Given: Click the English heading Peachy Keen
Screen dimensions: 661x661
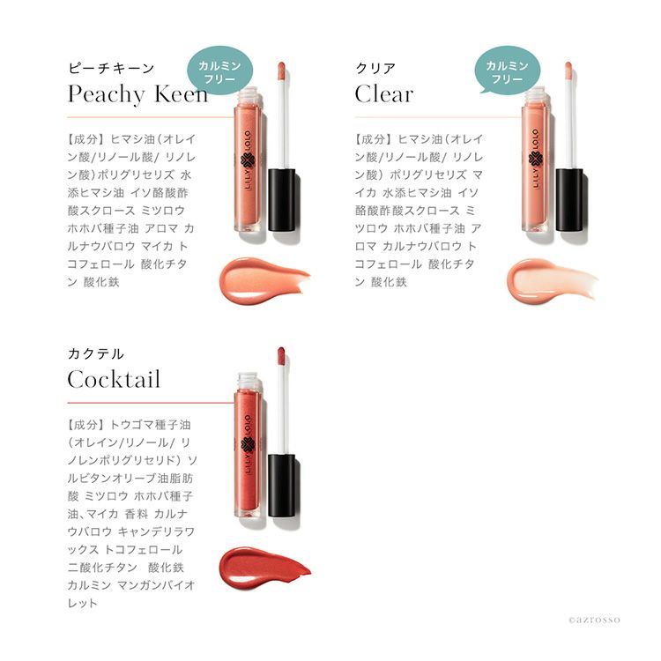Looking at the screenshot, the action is coord(137,94).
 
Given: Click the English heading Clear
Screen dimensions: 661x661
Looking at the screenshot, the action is coord(383,93).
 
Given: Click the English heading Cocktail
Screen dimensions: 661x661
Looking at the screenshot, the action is coord(114,379).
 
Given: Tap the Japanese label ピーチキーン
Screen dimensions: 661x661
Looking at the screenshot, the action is coord(111,68).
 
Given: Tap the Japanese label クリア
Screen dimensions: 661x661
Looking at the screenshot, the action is coord(375,68).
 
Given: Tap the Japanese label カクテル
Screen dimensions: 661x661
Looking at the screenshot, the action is coord(96,353).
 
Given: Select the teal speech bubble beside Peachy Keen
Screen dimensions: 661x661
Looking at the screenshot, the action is coord(219,71).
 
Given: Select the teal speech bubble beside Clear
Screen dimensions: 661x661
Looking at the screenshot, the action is coord(507,71).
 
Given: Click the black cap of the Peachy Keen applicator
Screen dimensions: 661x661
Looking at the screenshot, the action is coord(282,199).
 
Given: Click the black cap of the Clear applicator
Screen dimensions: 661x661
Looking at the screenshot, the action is coord(569,199).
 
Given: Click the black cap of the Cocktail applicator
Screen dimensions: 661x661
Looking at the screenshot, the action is coord(282,486).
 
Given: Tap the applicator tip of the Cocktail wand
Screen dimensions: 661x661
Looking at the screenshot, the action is coord(281,356).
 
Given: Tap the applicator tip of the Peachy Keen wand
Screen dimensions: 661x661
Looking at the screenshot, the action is coord(281,71).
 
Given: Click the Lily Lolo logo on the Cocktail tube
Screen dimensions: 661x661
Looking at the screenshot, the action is coord(248,446).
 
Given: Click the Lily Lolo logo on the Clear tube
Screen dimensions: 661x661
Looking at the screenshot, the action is coord(535,160).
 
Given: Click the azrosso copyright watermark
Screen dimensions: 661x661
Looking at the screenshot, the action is coord(594,620).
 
